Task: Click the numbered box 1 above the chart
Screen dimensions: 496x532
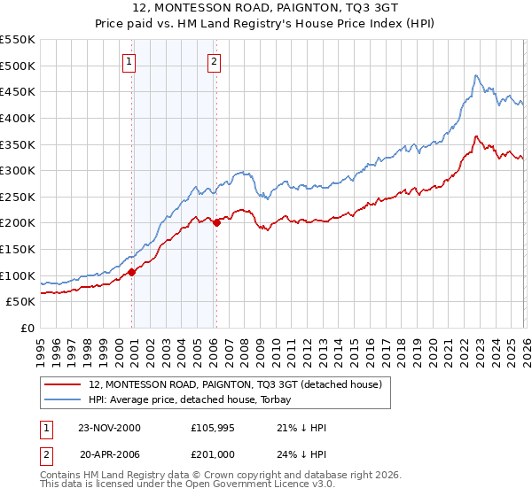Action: tap(129, 62)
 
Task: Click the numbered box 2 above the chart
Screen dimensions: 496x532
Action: tap(215, 62)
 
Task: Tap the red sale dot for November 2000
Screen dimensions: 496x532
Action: tap(132, 272)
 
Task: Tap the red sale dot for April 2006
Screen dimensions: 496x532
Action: tap(216, 222)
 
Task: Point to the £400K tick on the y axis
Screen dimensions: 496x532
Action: tap(18, 118)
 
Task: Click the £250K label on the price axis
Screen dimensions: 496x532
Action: tap(18, 197)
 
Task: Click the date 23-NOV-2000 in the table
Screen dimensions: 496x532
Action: tap(110, 428)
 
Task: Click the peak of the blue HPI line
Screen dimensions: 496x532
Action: tap(476, 75)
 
